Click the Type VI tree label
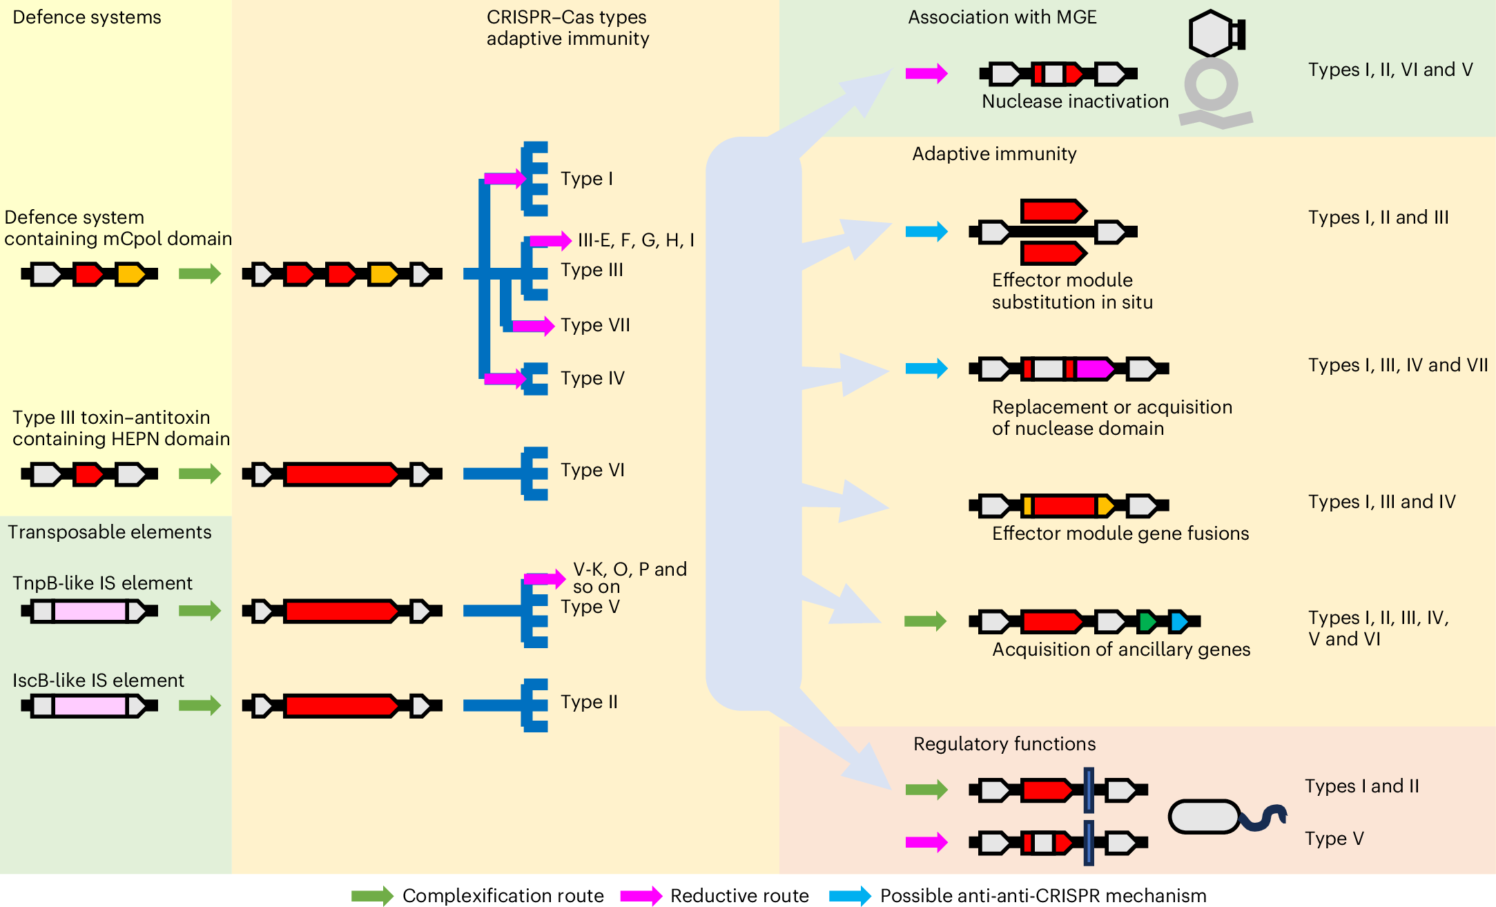click(x=592, y=470)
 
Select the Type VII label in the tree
click(x=594, y=325)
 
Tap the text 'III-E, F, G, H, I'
click(x=635, y=240)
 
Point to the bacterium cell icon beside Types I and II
click(x=1205, y=817)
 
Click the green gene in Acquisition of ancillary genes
click(x=1147, y=621)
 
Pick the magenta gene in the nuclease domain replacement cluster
click(x=1095, y=369)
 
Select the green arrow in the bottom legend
click(x=371, y=896)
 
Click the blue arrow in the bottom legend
click(x=850, y=896)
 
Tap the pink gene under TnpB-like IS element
click(x=90, y=611)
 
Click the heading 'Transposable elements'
click(x=109, y=532)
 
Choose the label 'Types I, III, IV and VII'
click(x=1397, y=365)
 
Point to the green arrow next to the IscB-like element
click(x=200, y=705)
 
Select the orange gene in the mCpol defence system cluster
click(x=130, y=274)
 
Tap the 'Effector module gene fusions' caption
click(x=1120, y=534)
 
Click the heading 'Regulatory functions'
click(x=1004, y=744)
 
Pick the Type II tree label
click(x=588, y=702)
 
